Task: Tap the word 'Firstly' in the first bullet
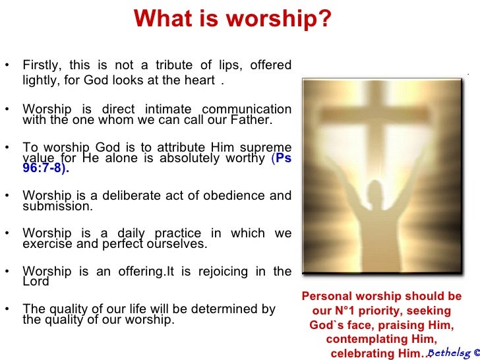click(40, 65)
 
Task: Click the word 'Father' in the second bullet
click(251, 121)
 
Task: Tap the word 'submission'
click(57, 206)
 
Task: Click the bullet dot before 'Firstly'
click(7, 65)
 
